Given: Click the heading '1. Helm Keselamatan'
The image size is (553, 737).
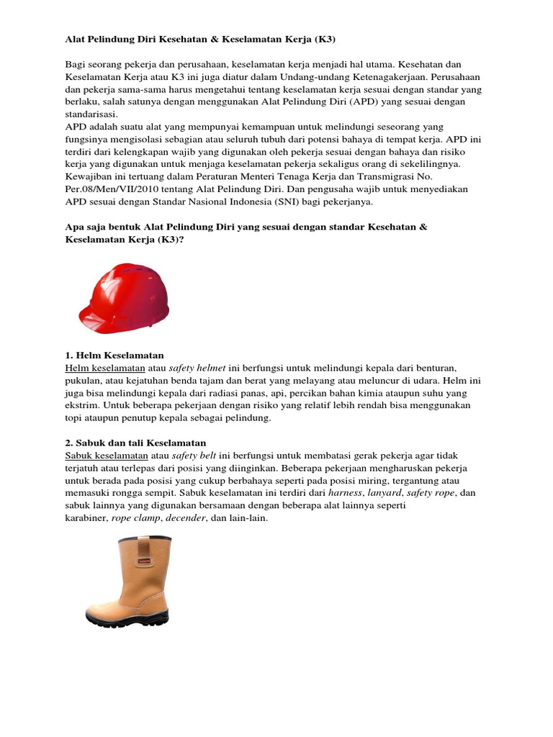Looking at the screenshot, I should click(114, 356).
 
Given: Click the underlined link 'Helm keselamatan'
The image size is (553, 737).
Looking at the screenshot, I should click(105, 367).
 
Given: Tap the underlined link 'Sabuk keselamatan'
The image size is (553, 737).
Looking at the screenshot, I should click(107, 456).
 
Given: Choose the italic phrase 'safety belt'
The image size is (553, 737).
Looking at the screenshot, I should click(194, 456).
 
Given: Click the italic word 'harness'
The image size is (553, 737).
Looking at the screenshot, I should click(346, 493).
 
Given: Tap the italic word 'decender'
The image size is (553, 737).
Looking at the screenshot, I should click(187, 518).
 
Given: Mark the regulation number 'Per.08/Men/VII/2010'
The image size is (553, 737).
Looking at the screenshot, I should click(112, 189).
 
